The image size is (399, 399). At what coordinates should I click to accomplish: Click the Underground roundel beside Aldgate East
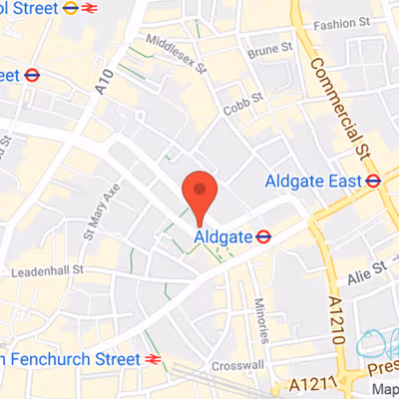click(373, 181)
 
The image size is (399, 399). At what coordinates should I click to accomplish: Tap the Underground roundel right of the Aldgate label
click(264, 236)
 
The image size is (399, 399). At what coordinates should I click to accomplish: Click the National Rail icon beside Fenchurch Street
click(153, 358)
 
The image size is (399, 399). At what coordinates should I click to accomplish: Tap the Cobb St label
click(243, 97)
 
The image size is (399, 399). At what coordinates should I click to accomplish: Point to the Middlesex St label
click(175, 55)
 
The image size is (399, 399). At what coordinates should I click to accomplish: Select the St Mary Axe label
click(104, 214)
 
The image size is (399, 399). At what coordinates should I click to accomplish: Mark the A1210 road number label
click(336, 319)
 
